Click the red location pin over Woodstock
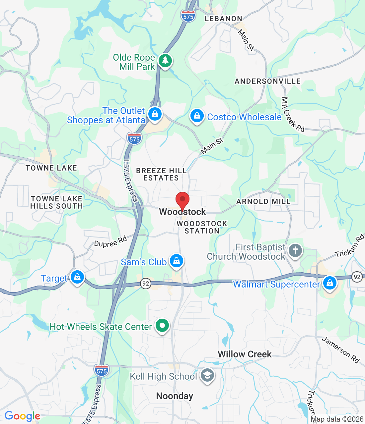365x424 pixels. pos(183,200)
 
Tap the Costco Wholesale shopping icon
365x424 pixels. pos(197,116)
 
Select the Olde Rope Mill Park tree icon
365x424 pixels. pos(165,60)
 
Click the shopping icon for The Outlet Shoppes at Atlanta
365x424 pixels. pos(155,114)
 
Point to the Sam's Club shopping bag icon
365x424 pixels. pos(177,261)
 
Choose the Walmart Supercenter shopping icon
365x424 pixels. pos(329,283)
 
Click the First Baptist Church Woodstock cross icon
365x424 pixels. pos(295,251)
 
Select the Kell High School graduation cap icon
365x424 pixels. pos(207,376)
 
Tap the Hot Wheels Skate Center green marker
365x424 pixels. pos(162,326)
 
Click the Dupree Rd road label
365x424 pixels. pos(110,241)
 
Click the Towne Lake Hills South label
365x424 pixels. pos(56,202)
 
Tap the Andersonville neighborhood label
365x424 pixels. pos(267,81)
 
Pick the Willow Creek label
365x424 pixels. pos(245,354)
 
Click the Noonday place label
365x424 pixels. pos(175,396)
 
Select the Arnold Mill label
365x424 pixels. pos(263,201)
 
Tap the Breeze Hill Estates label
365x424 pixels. pos(161,174)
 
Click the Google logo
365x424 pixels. pos(22,416)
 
